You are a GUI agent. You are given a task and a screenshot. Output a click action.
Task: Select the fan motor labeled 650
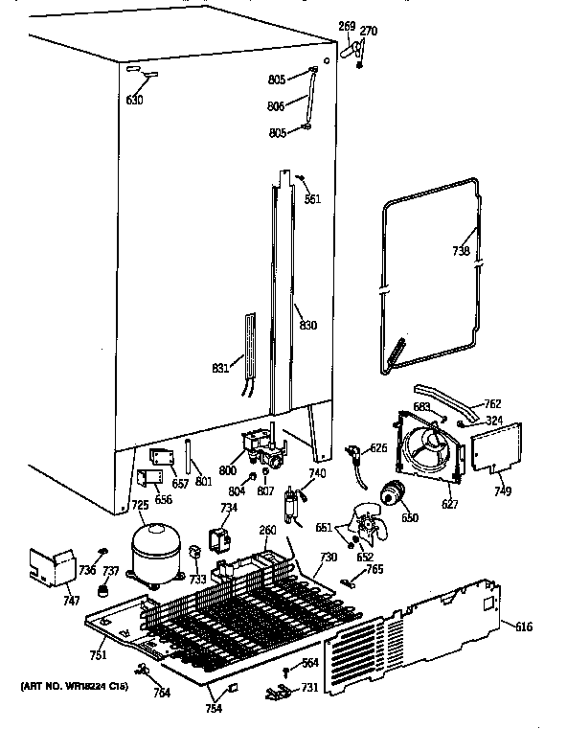[393, 494]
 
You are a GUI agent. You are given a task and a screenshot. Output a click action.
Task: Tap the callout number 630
[135, 100]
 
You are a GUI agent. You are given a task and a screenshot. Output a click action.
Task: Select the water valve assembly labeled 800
[261, 447]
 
